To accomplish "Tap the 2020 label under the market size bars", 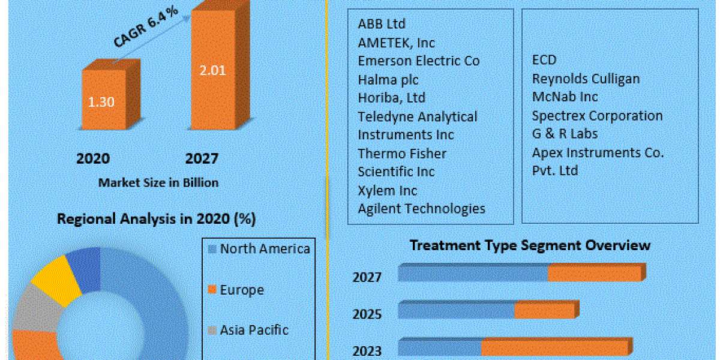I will [93, 158].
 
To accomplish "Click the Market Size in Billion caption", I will [158, 182].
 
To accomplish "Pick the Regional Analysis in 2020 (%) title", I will [156, 220].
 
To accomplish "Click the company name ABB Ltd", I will [382, 24].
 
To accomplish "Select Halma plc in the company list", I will [388, 79].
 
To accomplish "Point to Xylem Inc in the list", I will [388, 190].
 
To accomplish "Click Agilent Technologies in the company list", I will [421, 209].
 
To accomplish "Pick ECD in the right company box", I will [544, 60].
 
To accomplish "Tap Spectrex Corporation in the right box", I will [597, 115].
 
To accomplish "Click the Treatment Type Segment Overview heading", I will [530, 245].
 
